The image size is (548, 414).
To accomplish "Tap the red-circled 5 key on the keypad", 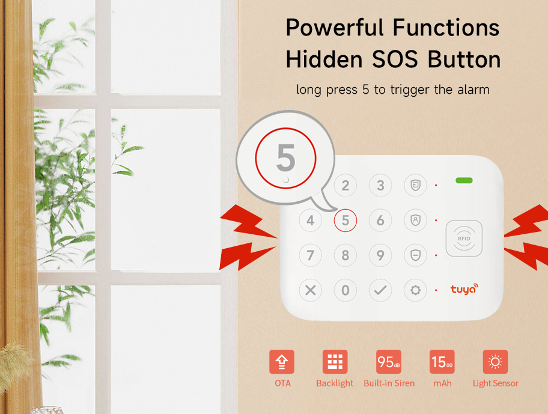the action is tap(346, 221).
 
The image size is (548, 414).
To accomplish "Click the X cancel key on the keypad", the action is tap(310, 290).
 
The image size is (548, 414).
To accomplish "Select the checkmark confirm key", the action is tap(380, 290).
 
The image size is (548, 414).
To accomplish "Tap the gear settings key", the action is tap(415, 290).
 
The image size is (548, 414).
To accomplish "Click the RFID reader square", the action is tap(464, 239).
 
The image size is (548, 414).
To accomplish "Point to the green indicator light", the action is tap(464, 180).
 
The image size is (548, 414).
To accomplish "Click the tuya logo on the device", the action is tap(464, 289).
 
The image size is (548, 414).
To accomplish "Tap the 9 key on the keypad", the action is tap(380, 255).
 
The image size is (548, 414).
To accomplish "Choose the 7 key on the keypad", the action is tap(310, 255).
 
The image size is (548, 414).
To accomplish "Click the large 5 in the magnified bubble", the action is tap(286, 157).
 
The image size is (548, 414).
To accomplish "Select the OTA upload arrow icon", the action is tap(282, 362).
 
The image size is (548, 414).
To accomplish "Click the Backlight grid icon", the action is tap(335, 362).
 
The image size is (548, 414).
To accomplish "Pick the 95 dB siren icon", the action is tap(389, 362).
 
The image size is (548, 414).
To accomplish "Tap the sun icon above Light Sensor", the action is tap(495, 362).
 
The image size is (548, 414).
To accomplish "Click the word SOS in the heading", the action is tap(395, 59).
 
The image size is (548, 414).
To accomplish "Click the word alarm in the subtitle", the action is tap(473, 90).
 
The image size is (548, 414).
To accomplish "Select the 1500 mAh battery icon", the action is tap(442, 362).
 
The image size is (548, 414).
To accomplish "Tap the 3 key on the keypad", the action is tap(380, 185).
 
